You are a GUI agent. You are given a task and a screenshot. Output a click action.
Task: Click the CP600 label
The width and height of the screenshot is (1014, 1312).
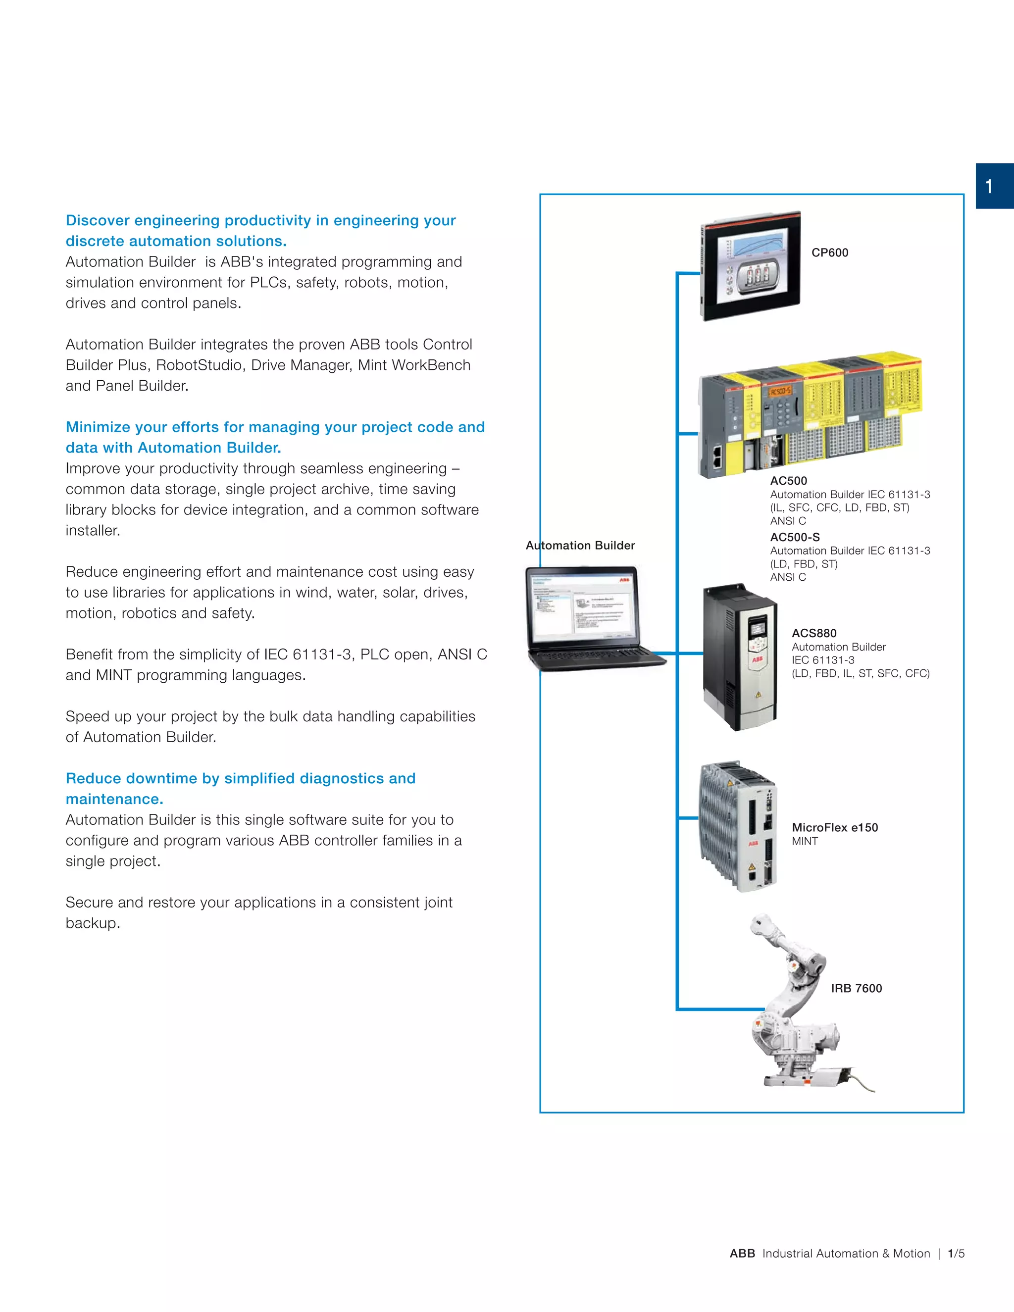coord(830,253)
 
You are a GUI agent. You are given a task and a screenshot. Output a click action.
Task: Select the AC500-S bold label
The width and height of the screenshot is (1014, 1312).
coord(795,537)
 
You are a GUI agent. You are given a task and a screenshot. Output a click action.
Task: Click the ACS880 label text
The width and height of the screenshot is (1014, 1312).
coord(814,633)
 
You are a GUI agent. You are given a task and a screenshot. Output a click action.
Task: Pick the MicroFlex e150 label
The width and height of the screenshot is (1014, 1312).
coord(834,827)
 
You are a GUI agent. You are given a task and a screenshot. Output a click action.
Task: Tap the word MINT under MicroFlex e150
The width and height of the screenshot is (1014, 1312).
coord(805,841)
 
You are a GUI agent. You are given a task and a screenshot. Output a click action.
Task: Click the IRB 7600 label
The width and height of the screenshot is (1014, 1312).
coord(856,988)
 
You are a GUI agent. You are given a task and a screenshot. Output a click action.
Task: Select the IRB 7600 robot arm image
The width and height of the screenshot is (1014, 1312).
coord(794,1009)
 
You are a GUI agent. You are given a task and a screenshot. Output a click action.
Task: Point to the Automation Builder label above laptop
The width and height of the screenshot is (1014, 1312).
coord(580,546)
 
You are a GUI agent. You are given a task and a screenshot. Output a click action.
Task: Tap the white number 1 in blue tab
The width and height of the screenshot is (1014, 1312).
coord(989,187)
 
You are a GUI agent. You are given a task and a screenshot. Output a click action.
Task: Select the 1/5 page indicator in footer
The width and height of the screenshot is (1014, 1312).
coord(956,1254)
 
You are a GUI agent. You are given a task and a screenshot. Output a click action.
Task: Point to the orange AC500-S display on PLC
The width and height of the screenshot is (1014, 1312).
coord(780,392)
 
